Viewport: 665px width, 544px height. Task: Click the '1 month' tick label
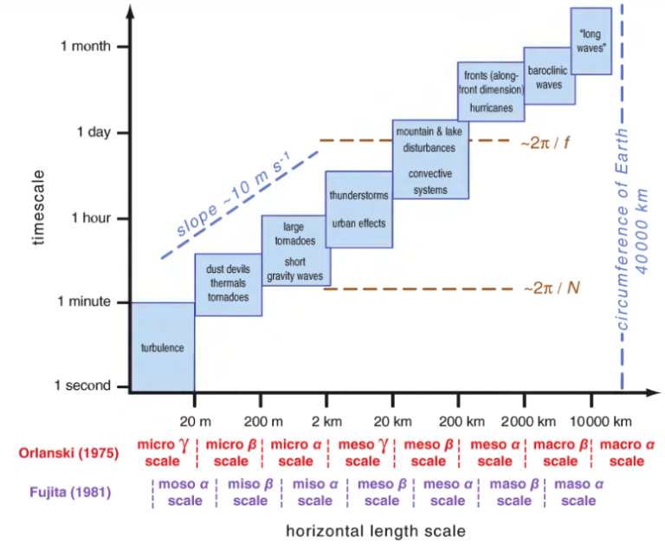pos(85,46)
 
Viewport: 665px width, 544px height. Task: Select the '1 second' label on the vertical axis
pos(83,385)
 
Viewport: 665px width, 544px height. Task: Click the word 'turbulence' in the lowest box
pos(162,348)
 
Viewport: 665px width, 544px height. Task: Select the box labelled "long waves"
pos(591,41)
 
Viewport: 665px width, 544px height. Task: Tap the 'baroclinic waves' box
pos(549,78)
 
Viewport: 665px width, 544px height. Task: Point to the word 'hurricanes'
pos(490,107)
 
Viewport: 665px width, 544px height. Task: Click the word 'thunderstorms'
pos(358,196)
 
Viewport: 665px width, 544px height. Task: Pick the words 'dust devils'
pos(228,269)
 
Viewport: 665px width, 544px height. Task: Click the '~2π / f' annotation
pos(545,141)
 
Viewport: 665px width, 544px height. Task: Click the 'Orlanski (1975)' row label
pos(66,452)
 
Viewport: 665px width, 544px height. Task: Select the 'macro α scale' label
pos(626,452)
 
